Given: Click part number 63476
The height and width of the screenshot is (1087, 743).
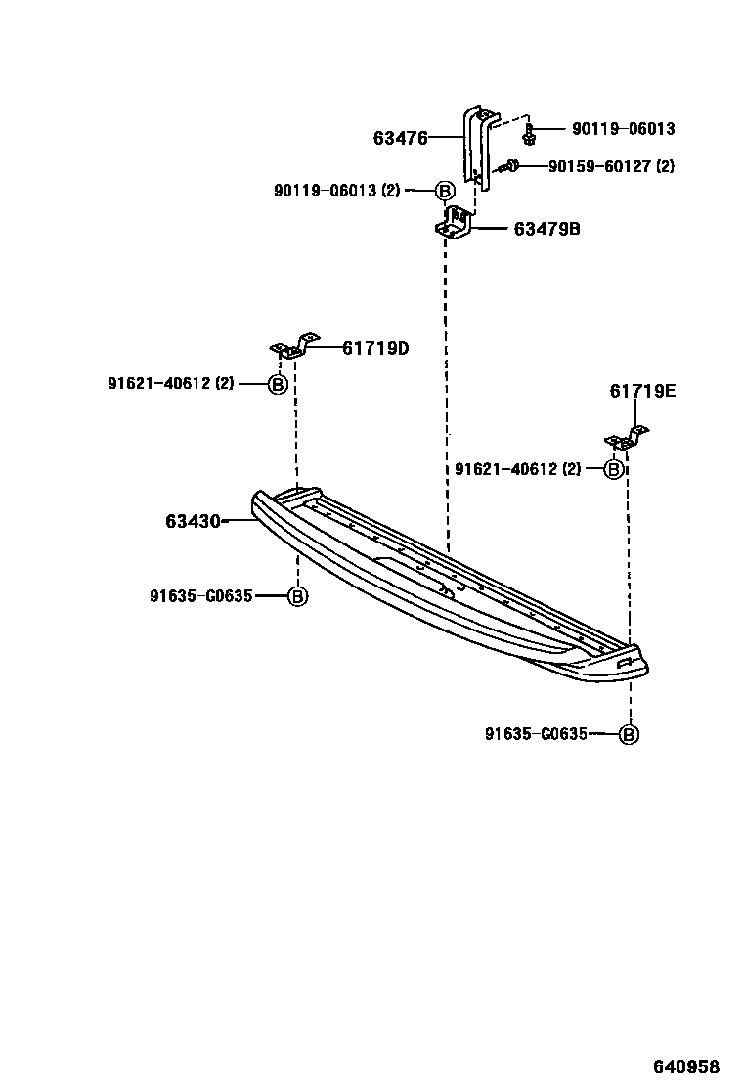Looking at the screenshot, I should tap(400, 139).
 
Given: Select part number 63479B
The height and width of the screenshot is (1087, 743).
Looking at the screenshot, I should tap(546, 230).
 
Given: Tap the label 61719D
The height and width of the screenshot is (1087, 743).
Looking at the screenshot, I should tap(375, 348).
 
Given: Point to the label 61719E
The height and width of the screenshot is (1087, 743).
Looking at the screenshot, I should tap(642, 392).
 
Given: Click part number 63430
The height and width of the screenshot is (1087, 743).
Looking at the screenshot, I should tap(193, 522).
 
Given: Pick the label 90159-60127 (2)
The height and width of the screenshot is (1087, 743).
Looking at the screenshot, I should tap(611, 167).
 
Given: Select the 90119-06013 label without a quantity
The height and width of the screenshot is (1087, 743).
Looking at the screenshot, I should tap(623, 129).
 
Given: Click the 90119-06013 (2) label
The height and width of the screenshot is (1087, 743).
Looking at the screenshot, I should tap(337, 192).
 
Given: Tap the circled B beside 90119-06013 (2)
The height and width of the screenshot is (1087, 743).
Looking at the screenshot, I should tap(444, 192).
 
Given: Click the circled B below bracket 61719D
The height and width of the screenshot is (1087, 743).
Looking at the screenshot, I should tap(278, 385).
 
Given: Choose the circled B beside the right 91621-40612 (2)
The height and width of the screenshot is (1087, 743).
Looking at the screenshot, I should tap(614, 470).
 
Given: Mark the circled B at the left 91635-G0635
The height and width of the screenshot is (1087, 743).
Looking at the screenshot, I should tap(297, 595).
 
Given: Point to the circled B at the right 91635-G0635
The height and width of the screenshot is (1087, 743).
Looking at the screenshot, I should tap(629, 734).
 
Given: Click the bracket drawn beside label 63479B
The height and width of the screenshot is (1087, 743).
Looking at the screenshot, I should tap(455, 224).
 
